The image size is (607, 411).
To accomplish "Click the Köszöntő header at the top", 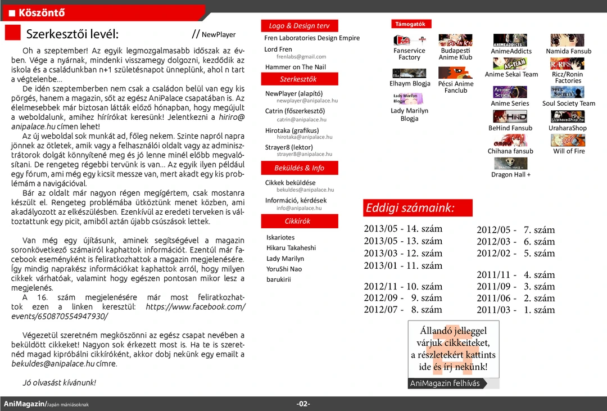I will tap(42, 12).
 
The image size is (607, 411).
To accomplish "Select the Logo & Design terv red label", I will tap(299, 26).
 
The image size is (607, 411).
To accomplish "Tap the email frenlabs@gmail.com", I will tap(301, 57).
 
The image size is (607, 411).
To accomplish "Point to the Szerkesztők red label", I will tap(298, 79).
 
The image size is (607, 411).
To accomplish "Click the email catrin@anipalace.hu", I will tap(301, 120).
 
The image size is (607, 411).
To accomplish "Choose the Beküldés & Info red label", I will tap(299, 168).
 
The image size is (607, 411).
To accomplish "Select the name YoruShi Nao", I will tap(284, 269).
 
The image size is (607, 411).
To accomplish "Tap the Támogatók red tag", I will tap(411, 24).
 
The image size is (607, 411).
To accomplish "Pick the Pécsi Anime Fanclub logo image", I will tap(455, 73).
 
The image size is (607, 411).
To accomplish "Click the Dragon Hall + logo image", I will tap(510, 164).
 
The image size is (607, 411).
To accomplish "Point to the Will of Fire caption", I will tap(569, 151).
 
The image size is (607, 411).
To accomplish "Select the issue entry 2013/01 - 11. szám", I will tap(402, 265).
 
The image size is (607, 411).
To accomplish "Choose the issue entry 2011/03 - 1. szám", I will tap(515, 310).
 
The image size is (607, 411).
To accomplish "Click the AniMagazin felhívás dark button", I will tap(445, 383).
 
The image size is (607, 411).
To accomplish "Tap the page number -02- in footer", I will tap(303, 404).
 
